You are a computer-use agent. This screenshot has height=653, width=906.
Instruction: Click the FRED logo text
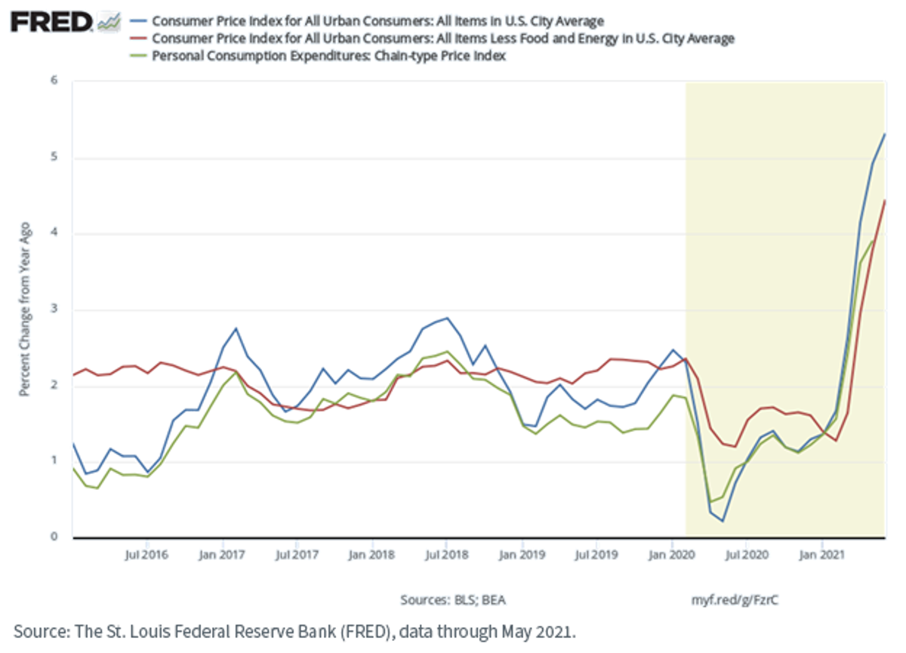(51, 22)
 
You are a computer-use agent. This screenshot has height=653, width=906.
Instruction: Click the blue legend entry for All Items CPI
(377, 21)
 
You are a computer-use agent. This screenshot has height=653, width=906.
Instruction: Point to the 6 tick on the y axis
(54, 80)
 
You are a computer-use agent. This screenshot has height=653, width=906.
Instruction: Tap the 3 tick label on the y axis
(54, 309)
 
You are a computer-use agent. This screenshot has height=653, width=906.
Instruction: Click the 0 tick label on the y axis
(54, 537)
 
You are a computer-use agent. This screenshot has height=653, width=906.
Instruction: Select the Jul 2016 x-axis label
(146, 555)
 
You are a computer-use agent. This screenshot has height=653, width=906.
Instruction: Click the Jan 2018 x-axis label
(371, 555)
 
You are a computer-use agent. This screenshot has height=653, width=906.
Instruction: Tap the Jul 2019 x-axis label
(596, 555)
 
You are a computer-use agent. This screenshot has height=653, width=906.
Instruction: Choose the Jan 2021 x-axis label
(822, 555)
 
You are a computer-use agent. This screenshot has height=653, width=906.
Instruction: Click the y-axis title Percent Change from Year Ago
(25, 310)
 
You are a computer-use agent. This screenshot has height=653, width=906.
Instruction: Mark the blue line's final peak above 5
(885, 134)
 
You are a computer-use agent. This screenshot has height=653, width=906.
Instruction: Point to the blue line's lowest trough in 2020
(723, 521)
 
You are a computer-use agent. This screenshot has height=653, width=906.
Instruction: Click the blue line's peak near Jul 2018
(446, 319)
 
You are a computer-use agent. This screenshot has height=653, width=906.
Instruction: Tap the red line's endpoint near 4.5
(885, 201)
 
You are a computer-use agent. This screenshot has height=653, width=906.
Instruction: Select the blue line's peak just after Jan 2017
(236, 328)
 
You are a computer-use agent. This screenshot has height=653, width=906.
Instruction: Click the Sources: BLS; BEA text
(453, 600)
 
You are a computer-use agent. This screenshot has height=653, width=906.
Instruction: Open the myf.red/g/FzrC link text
(735, 600)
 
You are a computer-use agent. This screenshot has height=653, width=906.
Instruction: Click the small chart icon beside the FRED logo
(109, 22)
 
